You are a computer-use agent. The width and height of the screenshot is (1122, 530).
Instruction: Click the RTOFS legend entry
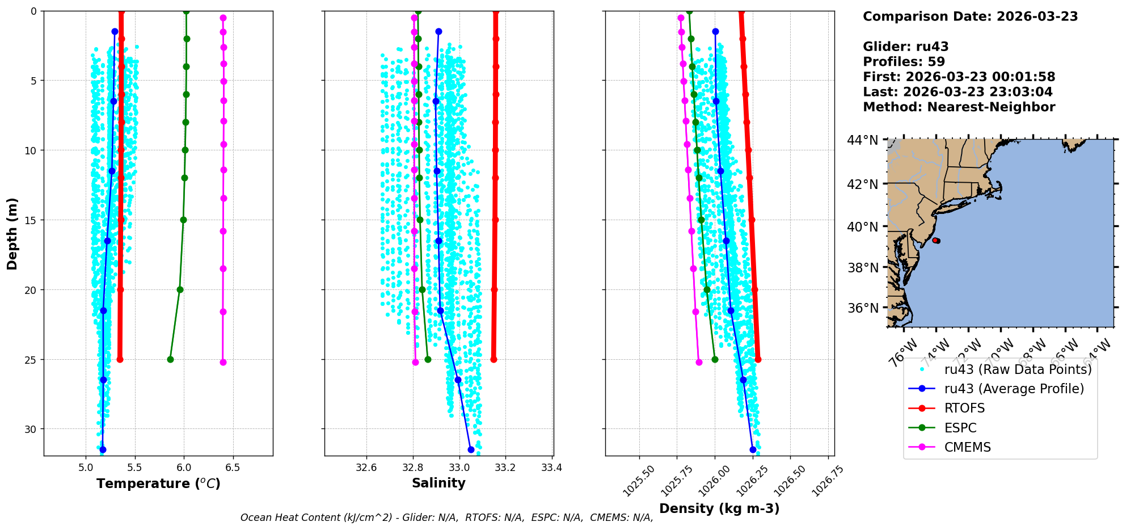pyautogui.click(x=964, y=409)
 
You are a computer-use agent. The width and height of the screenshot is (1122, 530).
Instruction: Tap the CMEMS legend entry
pyautogui.click(x=967, y=447)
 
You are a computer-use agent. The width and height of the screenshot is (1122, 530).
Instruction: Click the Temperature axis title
pyautogui.click(x=158, y=483)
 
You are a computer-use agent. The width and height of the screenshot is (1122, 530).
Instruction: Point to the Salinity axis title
pyautogui.click(x=438, y=483)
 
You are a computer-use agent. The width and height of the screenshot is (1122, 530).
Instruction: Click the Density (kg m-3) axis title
pyautogui.click(x=719, y=508)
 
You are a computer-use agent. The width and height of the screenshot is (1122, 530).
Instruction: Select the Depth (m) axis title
pyautogui.click(x=12, y=233)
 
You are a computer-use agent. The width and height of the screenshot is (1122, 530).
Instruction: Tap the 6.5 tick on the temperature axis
pyautogui.click(x=233, y=468)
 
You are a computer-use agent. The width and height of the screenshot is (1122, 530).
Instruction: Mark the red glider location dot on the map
pyautogui.click(x=935, y=241)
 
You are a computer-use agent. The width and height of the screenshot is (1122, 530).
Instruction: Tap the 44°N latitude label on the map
pyautogui.click(x=863, y=140)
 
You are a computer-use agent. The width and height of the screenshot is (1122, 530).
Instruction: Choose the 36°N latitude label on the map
pyautogui.click(x=863, y=308)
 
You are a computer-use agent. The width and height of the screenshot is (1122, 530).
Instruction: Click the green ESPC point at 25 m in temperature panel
pyautogui.click(x=170, y=359)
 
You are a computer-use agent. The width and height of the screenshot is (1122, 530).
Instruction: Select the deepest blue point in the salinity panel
pyautogui.click(x=471, y=449)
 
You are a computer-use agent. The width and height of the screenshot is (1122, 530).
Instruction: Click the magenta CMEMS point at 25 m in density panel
pyautogui.click(x=699, y=362)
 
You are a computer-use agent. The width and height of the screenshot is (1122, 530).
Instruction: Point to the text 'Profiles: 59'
pyautogui.click(x=904, y=62)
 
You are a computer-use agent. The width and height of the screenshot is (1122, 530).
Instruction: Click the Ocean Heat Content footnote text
pyautogui.click(x=446, y=518)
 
